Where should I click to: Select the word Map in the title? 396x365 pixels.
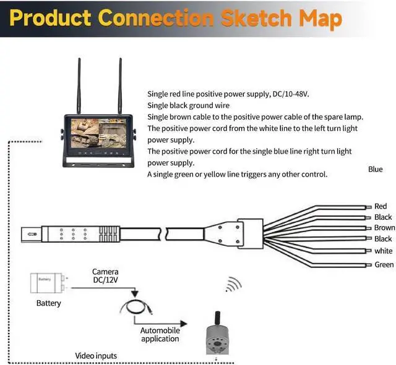pos(320,18)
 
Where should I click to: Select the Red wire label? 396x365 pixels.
pos(381,206)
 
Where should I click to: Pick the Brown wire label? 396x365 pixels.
pos(384,228)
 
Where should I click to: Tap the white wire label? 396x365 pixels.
pos(383,251)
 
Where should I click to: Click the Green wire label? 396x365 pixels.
pos(384,265)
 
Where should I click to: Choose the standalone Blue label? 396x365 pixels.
pos(375,169)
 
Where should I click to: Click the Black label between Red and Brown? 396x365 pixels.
pos(383,217)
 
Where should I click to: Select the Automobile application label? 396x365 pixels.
pos(160,334)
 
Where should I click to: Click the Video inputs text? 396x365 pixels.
pos(96,356)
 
